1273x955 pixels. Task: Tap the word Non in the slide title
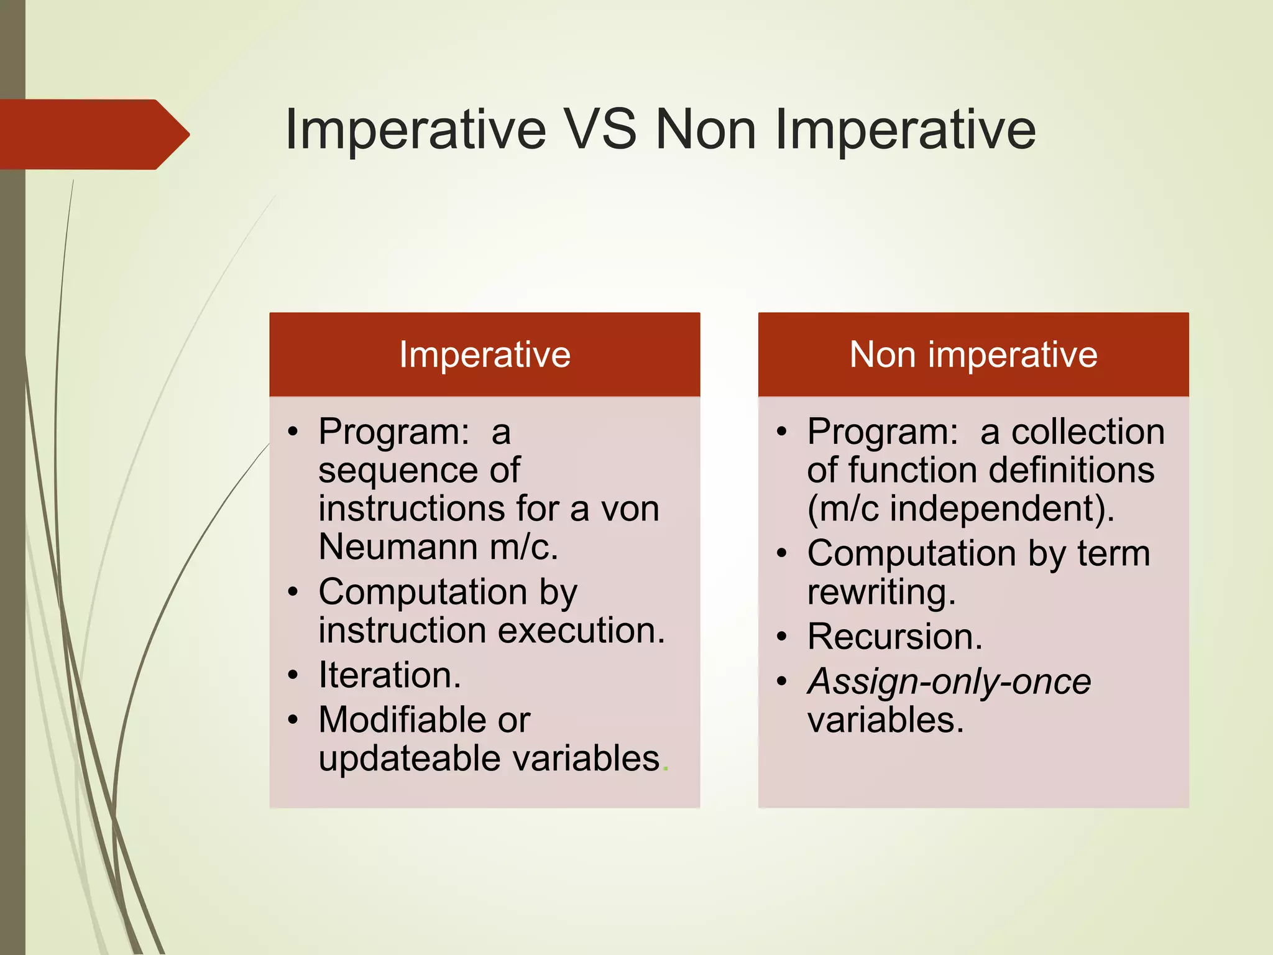point(706,129)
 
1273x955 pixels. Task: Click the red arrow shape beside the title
point(93,134)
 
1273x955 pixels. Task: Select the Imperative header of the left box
point(484,354)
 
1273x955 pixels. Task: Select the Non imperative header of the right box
point(973,354)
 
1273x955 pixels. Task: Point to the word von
point(629,509)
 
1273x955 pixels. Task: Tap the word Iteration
point(390,675)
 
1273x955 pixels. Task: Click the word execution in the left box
point(581,630)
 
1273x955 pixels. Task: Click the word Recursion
point(894,637)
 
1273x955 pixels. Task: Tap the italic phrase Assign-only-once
point(949,681)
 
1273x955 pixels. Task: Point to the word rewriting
point(881,592)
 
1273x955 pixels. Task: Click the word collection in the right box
point(1088,431)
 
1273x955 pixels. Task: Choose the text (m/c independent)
point(960,509)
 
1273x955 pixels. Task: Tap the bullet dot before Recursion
point(782,637)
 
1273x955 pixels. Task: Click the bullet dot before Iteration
point(293,675)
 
